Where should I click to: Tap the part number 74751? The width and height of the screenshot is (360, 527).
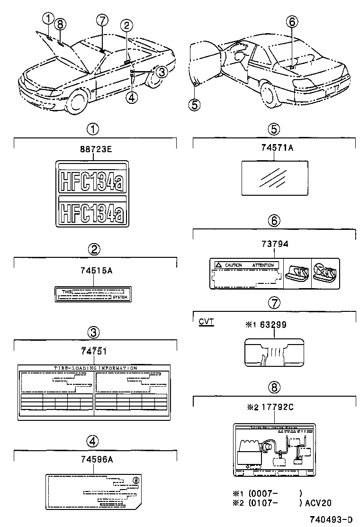pos(94,352)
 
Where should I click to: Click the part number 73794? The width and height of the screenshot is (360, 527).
pos(275,244)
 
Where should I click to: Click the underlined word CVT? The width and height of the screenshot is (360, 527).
pos(206,322)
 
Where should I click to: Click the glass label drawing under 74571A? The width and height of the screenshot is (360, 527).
pos(275,177)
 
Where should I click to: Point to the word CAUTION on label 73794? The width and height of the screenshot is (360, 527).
pos(233,265)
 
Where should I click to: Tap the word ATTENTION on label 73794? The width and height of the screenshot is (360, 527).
pos(263,265)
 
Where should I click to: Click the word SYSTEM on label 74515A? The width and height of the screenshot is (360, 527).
pos(120,297)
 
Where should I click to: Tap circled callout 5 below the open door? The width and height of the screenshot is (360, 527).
pos(194,104)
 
